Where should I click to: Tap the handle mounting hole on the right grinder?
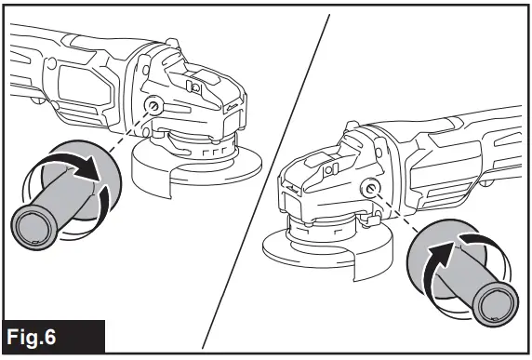coord(372,189)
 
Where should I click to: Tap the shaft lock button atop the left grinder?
coord(194,86)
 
